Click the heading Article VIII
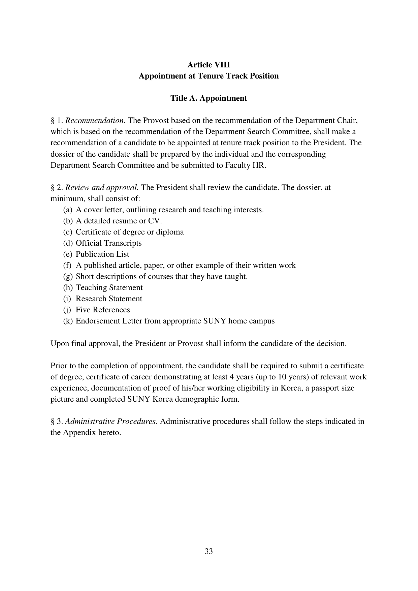click(x=208, y=65)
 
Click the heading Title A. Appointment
click(x=208, y=98)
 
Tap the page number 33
click(x=208, y=551)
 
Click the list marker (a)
click(x=68, y=210)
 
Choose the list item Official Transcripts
click(x=108, y=243)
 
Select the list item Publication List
click(x=102, y=254)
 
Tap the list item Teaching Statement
click(x=109, y=288)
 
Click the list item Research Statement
click(x=109, y=299)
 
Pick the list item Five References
click(x=103, y=310)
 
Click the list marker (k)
click(x=68, y=321)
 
